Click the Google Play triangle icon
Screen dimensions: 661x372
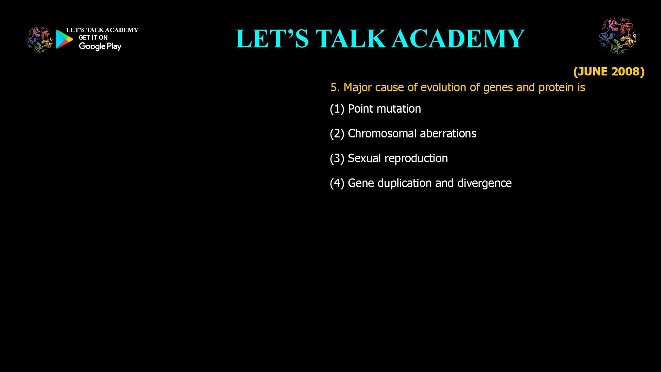click(64, 39)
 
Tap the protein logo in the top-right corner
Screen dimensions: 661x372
click(618, 36)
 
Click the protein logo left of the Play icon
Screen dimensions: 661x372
click(40, 40)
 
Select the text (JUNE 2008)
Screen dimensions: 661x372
click(609, 71)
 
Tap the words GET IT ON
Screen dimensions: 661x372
click(93, 38)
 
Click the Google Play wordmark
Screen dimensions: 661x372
click(100, 46)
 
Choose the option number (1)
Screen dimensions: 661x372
click(337, 109)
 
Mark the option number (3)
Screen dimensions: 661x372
click(337, 158)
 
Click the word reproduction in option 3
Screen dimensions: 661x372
click(416, 159)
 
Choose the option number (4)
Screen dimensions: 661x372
click(337, 183)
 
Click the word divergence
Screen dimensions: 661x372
click(484, 183)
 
